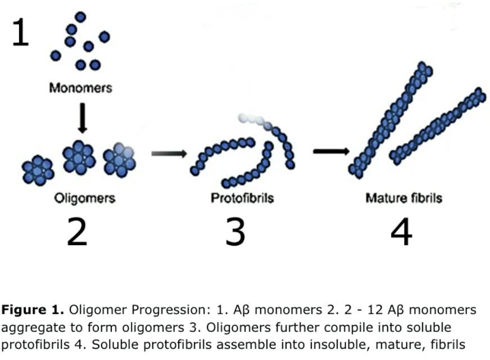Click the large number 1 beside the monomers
point(20,33)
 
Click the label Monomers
point(80,88)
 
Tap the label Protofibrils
point(242,198)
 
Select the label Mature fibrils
point(403,198)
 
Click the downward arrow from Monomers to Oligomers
point(83,118)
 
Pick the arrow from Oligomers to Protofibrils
point(169,153)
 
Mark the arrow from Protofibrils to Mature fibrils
point(332,151)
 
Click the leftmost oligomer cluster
point(38,170)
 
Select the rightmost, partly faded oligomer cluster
point(119,160)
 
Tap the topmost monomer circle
point(80,17)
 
